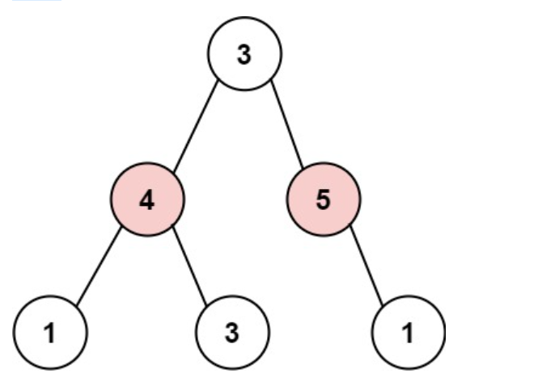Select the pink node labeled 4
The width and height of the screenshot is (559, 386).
147,199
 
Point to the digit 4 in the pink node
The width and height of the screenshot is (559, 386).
147,200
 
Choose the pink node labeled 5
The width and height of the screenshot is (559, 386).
323,199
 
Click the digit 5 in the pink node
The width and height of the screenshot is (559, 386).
323,200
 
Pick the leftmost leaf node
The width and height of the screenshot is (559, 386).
50,333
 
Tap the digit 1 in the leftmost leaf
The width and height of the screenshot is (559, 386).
50,334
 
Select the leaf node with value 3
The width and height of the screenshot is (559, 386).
232,333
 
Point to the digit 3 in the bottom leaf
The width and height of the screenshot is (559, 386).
232,334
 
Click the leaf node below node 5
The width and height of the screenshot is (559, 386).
409,333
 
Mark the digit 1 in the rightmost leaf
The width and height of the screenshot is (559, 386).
409,334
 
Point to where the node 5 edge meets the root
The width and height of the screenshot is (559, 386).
271,80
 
